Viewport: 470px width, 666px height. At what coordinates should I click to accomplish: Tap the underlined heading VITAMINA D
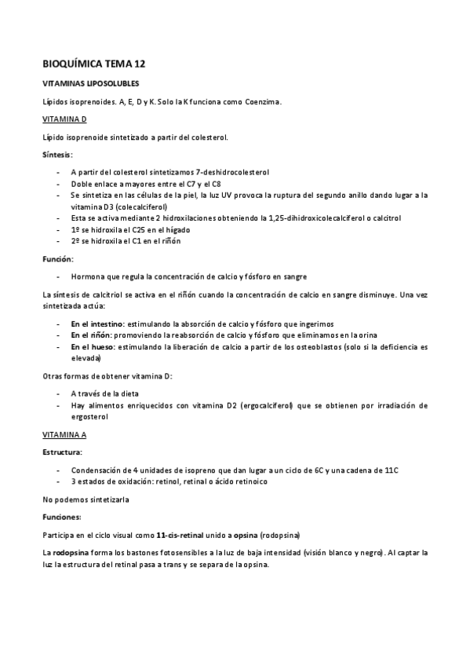click(x=64, y=119)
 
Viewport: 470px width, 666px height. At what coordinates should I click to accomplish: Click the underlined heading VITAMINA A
click(x=64, y=434)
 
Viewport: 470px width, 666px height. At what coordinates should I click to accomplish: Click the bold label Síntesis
click(x=57, y=155)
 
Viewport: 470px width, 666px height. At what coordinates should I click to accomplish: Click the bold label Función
click(x=57, y=258)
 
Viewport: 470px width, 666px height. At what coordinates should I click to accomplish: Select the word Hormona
click(x=87, y=276)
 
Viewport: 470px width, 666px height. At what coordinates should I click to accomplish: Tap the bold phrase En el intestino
click(x=97, y=323)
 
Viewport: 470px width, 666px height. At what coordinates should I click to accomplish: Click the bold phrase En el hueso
click(x=92, y=346)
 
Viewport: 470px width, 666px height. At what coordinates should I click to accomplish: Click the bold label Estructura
click(x=61, y=452)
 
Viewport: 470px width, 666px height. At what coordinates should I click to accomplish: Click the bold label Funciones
click(x=61, y=516)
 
